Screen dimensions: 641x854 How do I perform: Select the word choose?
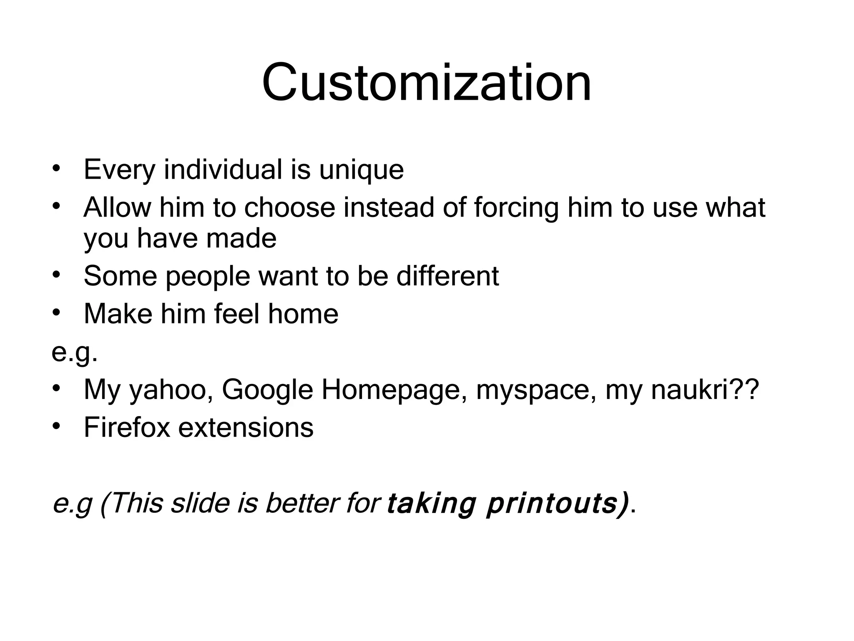tap(289, 207)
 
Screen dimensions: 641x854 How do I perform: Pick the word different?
tap(447, 276)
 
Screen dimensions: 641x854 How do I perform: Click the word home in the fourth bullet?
tap(303, 314)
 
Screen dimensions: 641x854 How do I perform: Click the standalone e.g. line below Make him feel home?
tap(75, 353)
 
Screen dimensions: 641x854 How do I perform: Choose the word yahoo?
tap(171, 390)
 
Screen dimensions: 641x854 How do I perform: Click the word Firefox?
tap(127, 428)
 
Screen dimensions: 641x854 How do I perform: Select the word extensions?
tap(246, 428)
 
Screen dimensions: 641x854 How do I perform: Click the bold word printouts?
tap(556, 504)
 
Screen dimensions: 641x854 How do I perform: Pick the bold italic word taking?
tap(431, 504)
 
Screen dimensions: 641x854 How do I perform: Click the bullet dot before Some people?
tap(57, 275)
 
